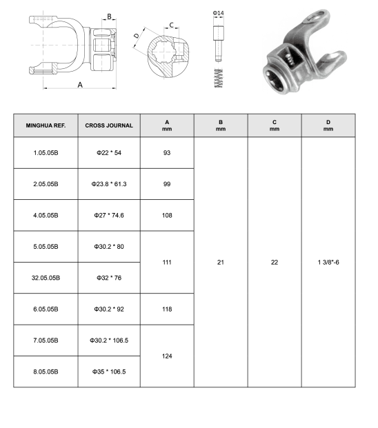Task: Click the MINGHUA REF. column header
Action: [46, 125]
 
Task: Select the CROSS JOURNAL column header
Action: [109, 125]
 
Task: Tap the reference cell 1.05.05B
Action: [46, 153]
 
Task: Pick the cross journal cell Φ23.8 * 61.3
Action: [109, 184]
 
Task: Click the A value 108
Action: [167, 215]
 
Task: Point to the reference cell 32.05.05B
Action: [46, 278]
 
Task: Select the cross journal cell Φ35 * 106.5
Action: [109, 371]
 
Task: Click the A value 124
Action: [167, 356]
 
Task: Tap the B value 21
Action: [221, 263]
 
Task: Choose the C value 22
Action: [275, 263]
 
